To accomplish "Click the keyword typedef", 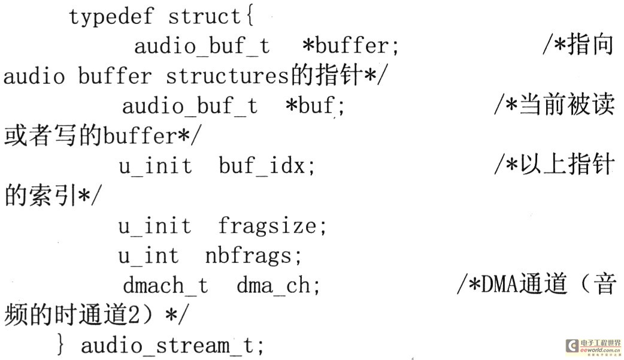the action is pos(111,17).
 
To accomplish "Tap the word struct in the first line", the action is pos(204,16).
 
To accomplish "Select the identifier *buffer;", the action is pos(350,46).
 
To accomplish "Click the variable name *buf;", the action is pos(315,105).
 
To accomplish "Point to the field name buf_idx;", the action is pos(266,165).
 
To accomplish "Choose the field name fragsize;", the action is pos(272,226).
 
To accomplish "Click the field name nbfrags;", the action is pos(253,256).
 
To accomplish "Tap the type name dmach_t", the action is pos(165,285).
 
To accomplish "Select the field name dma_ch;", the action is pos(278,285).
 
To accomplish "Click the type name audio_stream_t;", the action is pos(172,345).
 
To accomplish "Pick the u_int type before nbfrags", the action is pos(149,256).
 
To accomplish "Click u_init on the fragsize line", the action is pos(155,226).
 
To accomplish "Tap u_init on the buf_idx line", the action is pos(155,165).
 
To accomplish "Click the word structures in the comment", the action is pos(227,76).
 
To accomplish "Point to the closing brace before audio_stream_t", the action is pos(60,345).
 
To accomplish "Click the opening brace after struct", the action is pos(250,16).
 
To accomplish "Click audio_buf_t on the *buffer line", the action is pos(202,46).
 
